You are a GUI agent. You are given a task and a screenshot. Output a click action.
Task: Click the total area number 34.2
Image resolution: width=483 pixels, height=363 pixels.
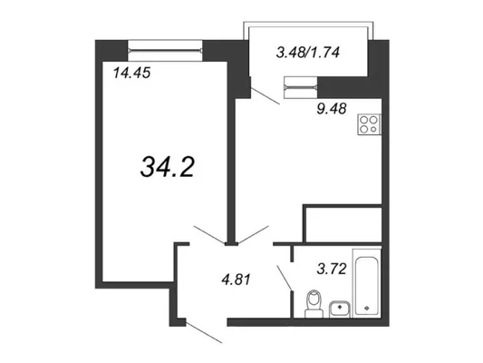coord(168,167)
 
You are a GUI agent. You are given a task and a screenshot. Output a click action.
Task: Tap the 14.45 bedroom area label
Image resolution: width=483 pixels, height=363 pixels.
coord(131,74)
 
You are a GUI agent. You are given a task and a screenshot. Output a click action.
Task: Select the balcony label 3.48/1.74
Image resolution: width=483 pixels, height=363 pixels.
coord(308,53)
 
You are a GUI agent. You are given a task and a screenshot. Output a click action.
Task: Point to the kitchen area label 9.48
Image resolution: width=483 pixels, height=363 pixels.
coord(332,109)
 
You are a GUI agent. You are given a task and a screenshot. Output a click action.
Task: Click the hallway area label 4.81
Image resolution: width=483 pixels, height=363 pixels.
coord(236,280)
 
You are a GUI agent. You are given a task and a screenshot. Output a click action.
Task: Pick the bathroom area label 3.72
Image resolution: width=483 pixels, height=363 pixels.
coord(332,269)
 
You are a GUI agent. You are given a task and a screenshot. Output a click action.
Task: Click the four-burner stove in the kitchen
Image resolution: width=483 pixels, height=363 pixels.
coord(369,124)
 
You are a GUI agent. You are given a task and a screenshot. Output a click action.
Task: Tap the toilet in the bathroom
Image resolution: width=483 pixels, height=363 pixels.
coord(314,304)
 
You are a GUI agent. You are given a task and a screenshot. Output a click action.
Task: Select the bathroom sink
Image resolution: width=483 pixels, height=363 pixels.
coord(339,309)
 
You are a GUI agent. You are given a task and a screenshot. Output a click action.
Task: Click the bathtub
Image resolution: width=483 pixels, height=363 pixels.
coord(367,283)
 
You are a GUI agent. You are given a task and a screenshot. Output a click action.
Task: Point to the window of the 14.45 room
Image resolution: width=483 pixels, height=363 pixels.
coord(165,50)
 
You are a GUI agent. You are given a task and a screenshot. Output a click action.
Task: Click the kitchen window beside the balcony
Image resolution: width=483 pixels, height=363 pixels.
coord(301,88)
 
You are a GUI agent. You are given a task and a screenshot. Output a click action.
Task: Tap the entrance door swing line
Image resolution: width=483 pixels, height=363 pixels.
coord(204,332)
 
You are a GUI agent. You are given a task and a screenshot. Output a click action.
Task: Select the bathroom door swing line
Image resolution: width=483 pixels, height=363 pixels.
coord(285,278)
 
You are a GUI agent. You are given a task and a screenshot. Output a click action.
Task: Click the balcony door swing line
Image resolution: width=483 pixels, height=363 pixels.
coord(265,96)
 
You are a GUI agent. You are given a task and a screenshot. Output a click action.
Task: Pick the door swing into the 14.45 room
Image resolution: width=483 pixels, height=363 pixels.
coord(209,235)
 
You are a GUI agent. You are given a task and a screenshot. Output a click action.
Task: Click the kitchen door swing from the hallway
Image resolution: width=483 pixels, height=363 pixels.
coord(253,235)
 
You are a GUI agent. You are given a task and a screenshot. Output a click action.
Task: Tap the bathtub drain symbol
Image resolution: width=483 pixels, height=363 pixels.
coord(367,308)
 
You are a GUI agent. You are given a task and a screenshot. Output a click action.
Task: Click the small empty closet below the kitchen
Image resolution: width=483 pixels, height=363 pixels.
coord(343,224)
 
